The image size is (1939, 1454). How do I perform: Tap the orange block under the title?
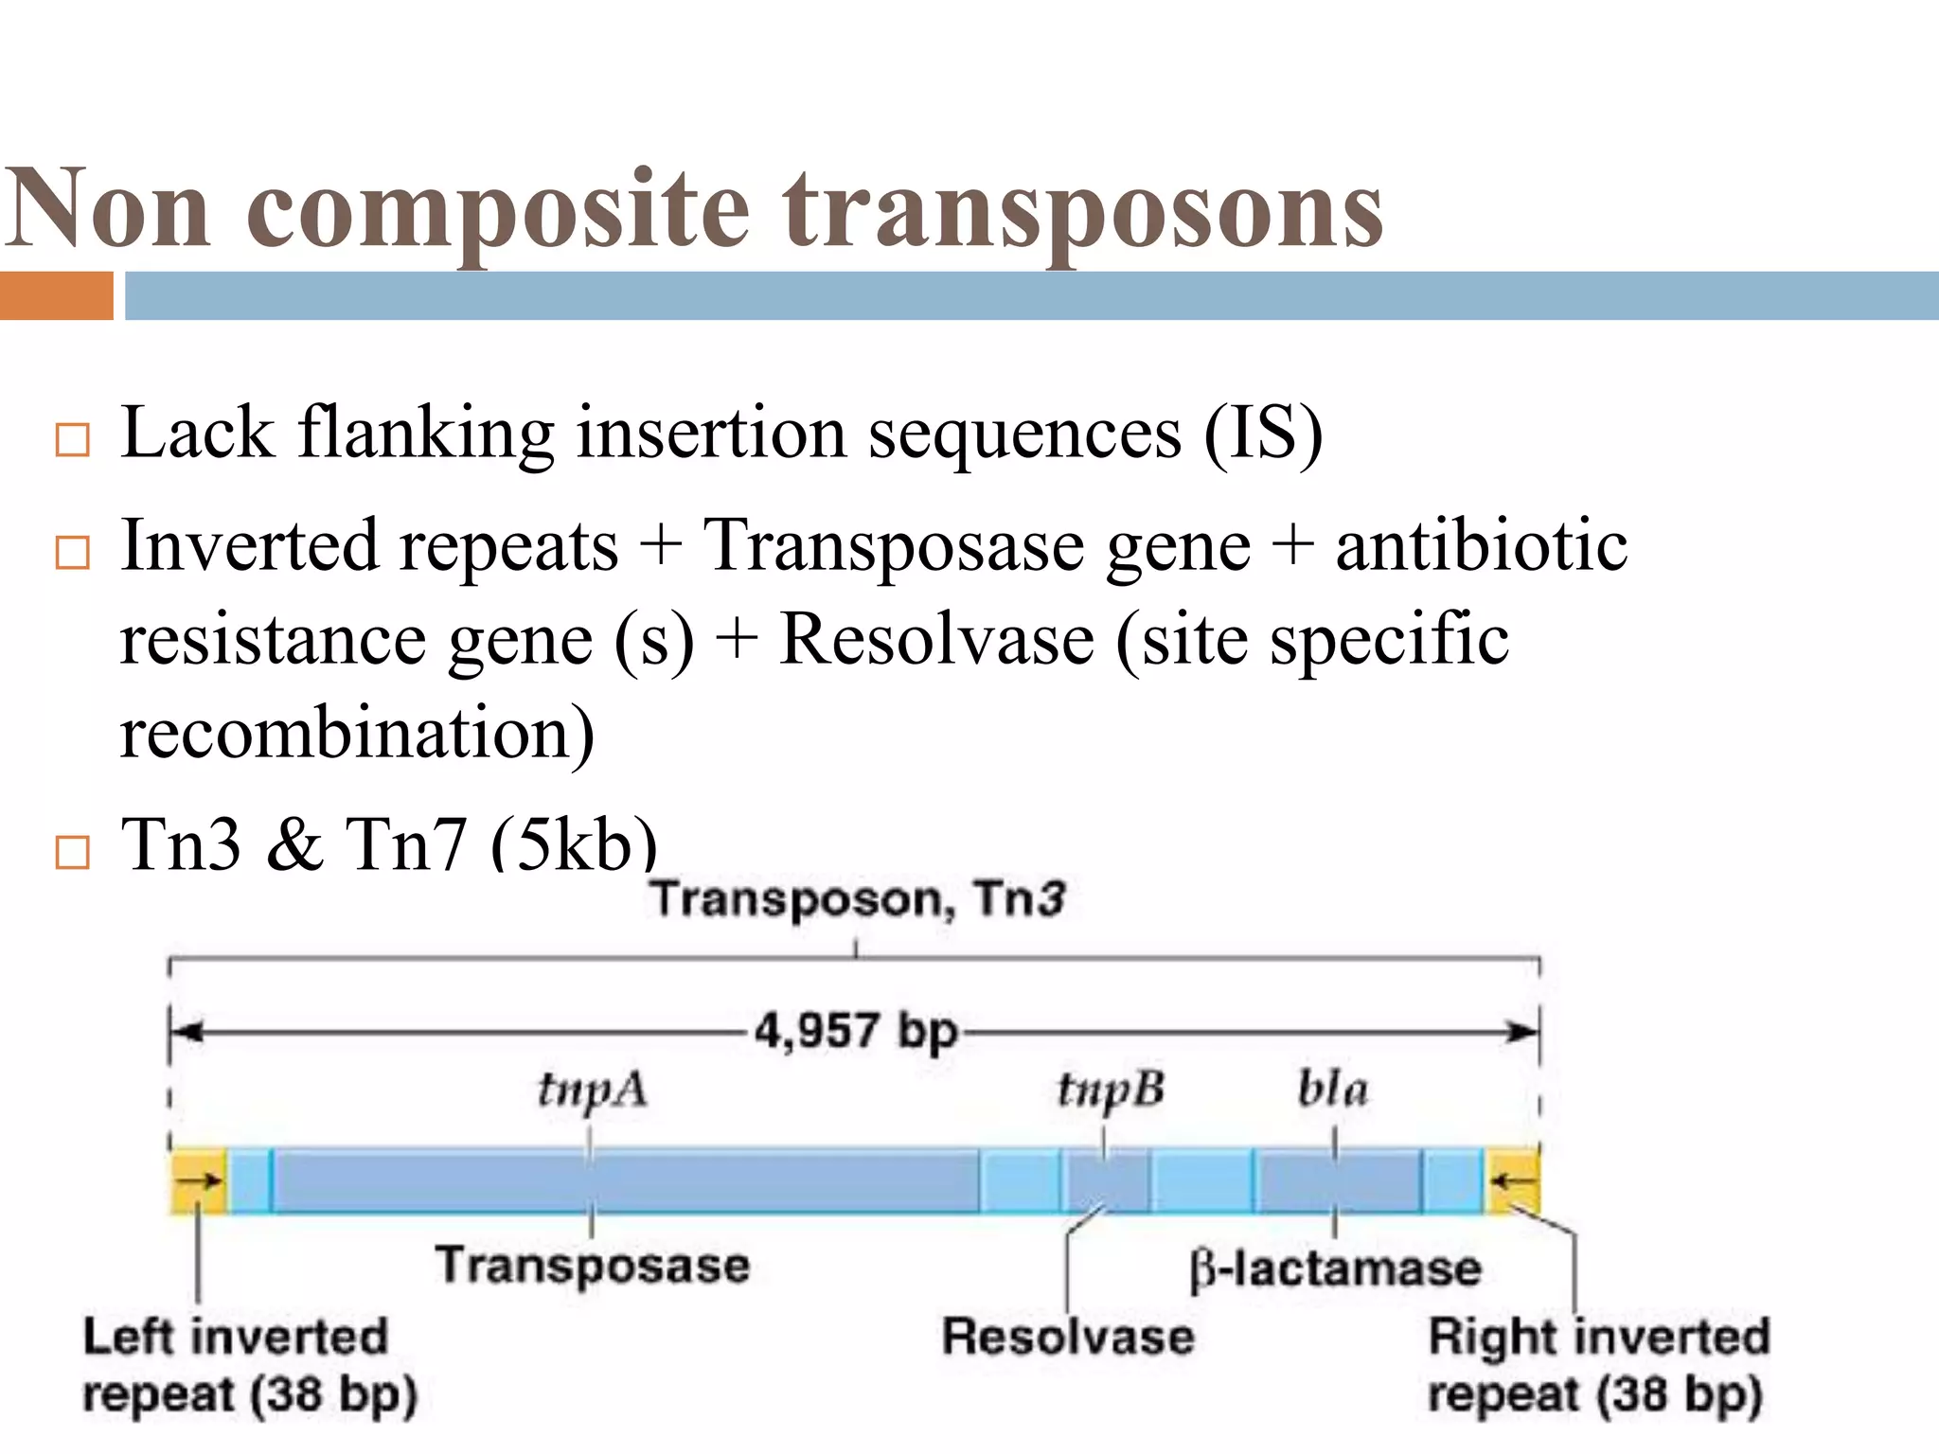tap(56, 295)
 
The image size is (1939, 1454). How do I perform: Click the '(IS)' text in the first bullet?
tap(1262, 434)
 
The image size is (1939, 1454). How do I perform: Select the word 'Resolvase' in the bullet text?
tap(936, 640)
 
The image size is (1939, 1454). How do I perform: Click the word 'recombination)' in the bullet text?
tap(358, 733)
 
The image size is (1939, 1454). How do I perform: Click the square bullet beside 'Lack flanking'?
tap(72, 440)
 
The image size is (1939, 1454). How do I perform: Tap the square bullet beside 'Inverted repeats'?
tap(72, 552)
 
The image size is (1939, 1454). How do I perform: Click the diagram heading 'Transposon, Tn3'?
tap(858, 898)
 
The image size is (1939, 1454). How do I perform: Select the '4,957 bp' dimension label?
tap(856, 1031)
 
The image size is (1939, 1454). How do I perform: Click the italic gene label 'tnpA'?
tap(593, 1090)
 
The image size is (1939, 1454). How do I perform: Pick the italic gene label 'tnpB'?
tap(1110, 1090)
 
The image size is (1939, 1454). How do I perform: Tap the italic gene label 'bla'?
tap(1333, 1090)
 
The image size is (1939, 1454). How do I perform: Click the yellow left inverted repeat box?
tap(198, 1180)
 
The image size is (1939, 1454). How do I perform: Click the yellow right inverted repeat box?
tap(1512, 1180)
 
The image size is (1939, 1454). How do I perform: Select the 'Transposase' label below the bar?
tap(593, 1266)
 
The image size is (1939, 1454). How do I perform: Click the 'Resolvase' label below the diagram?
tap(1068, 1338)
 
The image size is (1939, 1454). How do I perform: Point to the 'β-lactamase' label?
tap(1335, 1268)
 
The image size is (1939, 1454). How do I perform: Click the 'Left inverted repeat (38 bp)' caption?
tap(248, 1366)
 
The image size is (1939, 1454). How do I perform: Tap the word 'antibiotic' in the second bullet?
tap(1481, 547)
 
